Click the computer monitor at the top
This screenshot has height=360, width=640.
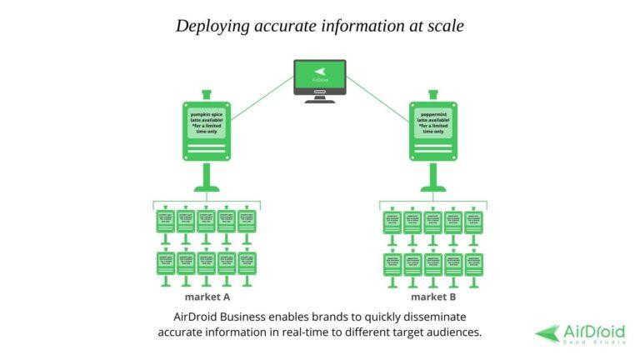(x=320, y=76)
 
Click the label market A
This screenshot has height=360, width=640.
(x=207, y=297)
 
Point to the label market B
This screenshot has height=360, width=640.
(x=433, y=297)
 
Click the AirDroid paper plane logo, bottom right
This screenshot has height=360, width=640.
(x=547, y=332)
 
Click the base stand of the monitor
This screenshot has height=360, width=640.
(x=320, y=100)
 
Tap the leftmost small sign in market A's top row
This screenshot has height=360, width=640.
(x=166, y=222)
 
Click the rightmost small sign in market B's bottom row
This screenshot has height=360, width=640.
(x=474, y=263)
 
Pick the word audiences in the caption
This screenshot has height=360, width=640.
(x=451, y=332)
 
